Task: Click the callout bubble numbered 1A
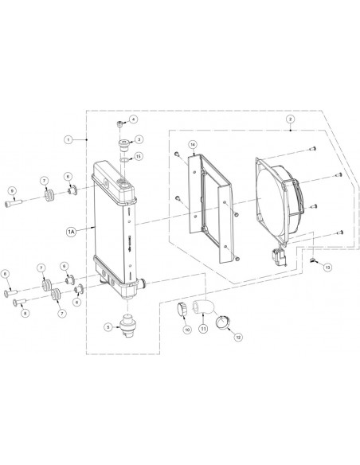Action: [x=71, y=231]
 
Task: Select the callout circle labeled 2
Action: [x=290, y=120]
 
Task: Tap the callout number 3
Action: [x=139, y=139]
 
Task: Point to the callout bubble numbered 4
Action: [x=133, y=120]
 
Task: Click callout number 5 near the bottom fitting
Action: [x=108, y=326]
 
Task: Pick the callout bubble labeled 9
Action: [x=13, y=191]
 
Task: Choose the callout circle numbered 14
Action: [x=191, y=144]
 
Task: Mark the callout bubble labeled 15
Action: [x=139, y=156]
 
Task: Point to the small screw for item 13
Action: [x=314, y=260]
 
